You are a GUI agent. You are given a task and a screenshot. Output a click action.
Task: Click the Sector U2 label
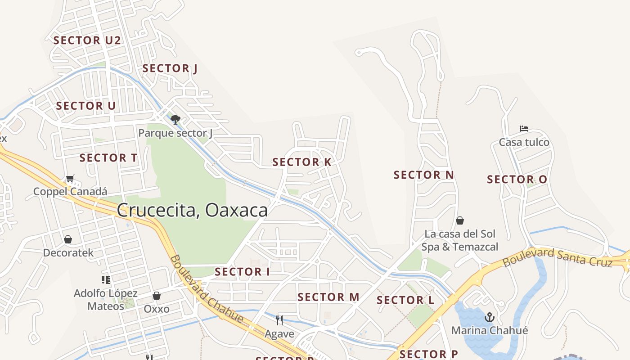(x=87, y=40)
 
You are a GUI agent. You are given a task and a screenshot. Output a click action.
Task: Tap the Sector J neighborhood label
(x=170, y=68)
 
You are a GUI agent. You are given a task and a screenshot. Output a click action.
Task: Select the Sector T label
(x=108, y=158)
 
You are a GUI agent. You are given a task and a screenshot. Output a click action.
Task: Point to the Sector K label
(x=302, y=162)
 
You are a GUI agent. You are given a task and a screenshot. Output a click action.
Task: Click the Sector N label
(x=423, y=175)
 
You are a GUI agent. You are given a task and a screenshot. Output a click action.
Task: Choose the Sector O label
(x=517, y=180)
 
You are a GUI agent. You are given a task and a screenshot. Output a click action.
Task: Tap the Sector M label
(x=328, y=297)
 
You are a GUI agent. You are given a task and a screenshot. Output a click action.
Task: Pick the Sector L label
(x=405, y=300)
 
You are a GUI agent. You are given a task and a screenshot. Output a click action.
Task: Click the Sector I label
(x=242, y=272)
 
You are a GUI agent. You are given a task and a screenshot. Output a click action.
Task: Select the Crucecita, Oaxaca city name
(x=192, y=210)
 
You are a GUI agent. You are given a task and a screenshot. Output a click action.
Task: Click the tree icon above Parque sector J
(x=175, y=120)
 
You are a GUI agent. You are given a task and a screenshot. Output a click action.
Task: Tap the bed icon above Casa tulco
(x=524, y=129)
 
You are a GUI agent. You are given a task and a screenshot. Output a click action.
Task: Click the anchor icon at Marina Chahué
(x=489, y=318)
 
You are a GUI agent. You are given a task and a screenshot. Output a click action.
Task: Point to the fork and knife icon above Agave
(x=279, y=320)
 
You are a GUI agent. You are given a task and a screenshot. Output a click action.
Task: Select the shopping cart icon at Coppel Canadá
(x=70, y=179)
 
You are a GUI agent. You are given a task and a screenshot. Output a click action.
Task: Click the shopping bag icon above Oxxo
(x=157, y=296)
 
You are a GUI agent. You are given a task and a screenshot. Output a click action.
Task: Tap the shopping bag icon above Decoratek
(x=68, y=239)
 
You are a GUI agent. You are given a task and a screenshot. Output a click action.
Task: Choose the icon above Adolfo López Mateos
(x=106, y=280)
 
